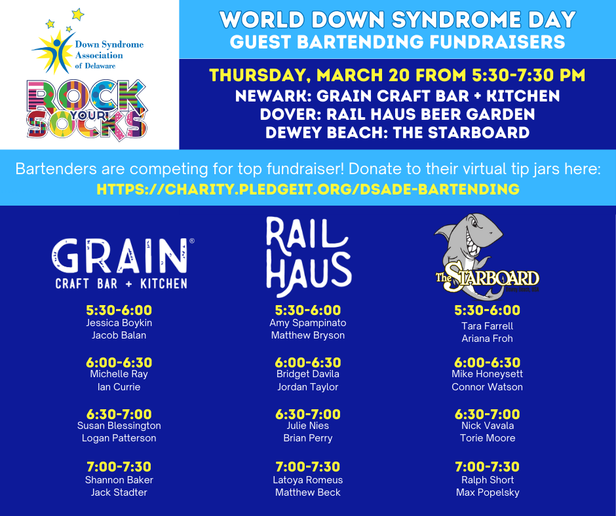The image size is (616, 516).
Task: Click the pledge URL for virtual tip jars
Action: [x=308, y=189]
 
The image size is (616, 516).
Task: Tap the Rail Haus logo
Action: [x=309, y=256]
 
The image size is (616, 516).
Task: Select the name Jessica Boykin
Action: [x=119, y=323]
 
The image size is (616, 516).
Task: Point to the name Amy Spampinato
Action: [x=308, y=323]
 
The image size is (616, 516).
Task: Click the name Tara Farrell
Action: [x=487, y=326]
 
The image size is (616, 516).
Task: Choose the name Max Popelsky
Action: [x=488, y=492]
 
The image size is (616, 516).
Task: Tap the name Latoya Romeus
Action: [x=308, y=480]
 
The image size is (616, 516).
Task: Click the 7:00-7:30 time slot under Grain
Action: [x=119, y=466]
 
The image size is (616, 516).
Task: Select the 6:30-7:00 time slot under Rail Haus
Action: [x=308, y=415]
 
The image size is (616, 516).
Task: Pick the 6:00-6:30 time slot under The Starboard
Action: [x=487, y=363]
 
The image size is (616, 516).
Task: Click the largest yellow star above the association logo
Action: [x=78, y=14]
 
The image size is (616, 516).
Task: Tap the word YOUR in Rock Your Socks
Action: [x=88, y=115]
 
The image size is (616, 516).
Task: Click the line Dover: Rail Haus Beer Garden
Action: [x=397, y=115]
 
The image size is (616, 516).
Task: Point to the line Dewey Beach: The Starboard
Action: [x=397, y=133]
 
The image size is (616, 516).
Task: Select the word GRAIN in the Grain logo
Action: [x=119, y=255]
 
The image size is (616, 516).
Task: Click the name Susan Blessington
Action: [x=119, y=426]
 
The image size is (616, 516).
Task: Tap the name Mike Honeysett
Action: [x=487, y=374]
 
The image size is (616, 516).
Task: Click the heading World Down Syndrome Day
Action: [x=397, y=20]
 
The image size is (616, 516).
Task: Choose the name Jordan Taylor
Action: [x=308, y=387]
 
